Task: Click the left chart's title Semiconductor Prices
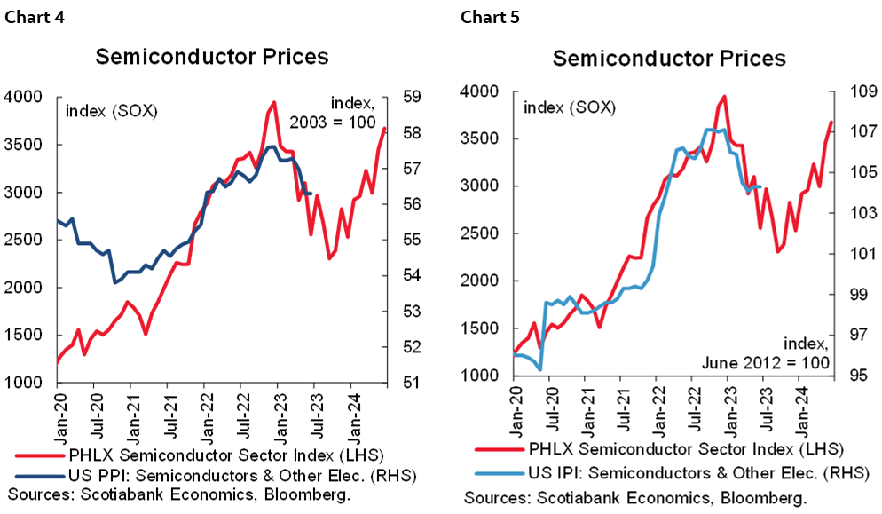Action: (x=211, y=57)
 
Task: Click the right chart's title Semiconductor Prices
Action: (x=668, y=59)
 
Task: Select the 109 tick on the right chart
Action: (x=854, y=91)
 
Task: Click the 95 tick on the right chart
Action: (x=850, y=376)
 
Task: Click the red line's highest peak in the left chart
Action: (x=274, y=102)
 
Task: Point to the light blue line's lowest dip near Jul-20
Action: (x=540, y=369)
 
